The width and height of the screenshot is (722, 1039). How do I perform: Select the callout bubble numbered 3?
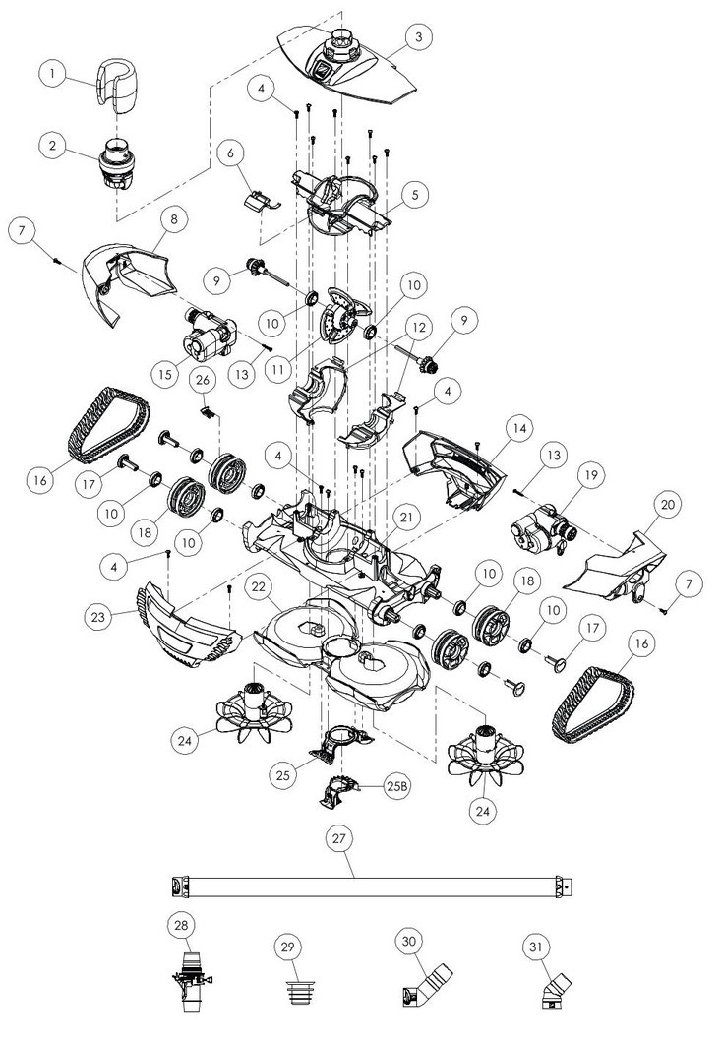pos(418,37)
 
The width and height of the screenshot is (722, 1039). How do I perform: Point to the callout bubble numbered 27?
pos(339,838)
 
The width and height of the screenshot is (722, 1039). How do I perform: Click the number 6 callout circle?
pos(230,153)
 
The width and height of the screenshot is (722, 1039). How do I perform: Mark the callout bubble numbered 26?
pos(204,380)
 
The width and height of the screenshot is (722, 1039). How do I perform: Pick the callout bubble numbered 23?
pos(98,616)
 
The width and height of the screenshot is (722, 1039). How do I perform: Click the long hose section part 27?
pos(374,886)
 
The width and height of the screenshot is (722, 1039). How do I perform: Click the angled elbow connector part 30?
pos(427,985)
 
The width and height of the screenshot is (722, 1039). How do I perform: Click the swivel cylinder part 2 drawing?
pos(119,163)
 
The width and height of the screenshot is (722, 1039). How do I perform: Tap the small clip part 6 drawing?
pos(262,201)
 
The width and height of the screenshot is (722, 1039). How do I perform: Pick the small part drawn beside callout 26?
pos(208,412)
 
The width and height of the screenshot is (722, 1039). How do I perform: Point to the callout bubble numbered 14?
pos(519,429)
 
